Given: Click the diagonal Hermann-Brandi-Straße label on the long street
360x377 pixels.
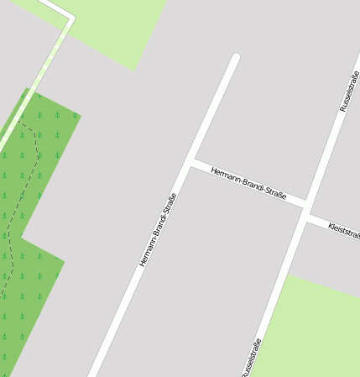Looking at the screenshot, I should tap(158, 230).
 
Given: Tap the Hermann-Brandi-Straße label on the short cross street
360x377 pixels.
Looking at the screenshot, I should tap(248, 184).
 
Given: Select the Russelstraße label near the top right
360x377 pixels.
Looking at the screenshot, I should tap(349, 92).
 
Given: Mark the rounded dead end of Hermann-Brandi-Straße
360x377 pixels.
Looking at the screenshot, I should tap(236, 58).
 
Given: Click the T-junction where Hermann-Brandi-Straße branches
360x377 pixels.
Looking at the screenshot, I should tap(190, 162).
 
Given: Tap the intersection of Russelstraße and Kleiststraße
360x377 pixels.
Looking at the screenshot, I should tap(305, 210).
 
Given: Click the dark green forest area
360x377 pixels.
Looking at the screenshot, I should tap(34, 277).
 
